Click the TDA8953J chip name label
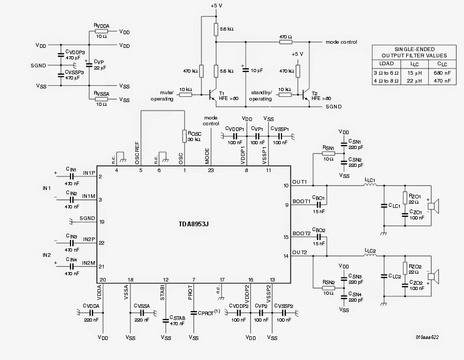click(194, 223)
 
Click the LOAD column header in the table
click(387, 63)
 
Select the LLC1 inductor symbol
click(370, 185)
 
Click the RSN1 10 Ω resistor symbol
click(328, 154)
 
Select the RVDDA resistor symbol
click(101, 31)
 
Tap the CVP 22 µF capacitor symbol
click(89, 65)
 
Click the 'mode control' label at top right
click(341, 42)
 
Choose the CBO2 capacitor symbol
click(319, 237)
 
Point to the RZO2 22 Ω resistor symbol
click(404, 267)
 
